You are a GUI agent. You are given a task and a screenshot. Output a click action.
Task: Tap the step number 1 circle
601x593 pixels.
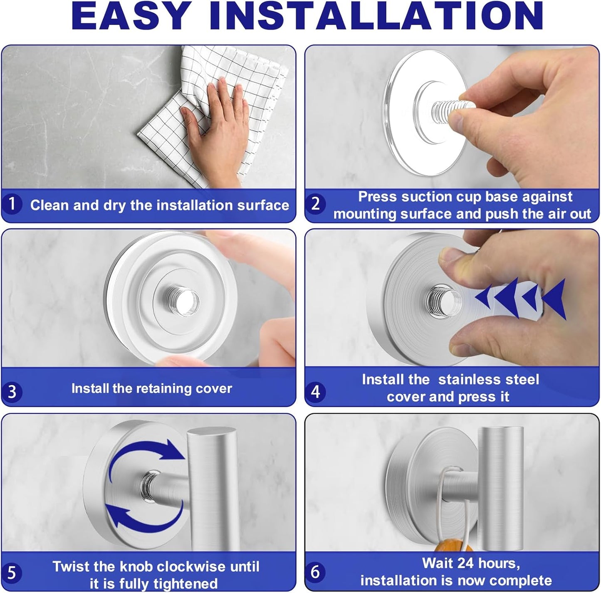coord(12,204)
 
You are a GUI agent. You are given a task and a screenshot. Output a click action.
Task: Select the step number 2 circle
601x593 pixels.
coord(316,204)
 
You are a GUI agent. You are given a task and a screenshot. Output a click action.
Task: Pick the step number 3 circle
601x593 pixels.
coord(12,391)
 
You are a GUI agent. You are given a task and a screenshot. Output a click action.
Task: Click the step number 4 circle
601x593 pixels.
coord(316,391)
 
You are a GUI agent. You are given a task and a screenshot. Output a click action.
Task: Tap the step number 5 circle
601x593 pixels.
coord(12,573)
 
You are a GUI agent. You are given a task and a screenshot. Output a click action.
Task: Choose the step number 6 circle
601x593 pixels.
coord(316,572)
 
